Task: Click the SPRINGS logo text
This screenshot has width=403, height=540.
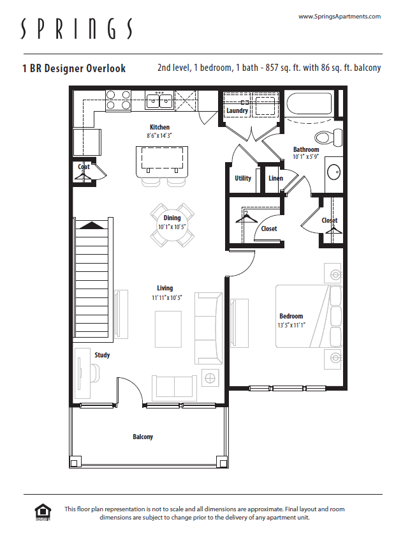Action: tap(77, 29)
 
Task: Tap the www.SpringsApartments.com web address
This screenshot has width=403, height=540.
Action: tap(339, 17)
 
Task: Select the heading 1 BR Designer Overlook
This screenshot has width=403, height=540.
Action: tap(73, 68)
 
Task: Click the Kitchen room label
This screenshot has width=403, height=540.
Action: tap(159, 127)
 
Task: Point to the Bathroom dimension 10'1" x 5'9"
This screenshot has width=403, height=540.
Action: tap(306, 156)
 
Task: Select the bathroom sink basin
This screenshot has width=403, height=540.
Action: tap(333, 172)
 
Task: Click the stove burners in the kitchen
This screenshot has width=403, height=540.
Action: tap(117, 101)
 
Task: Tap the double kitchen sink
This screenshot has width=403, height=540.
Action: tap(159, 100)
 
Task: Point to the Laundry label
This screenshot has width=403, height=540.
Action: tap(237, 111)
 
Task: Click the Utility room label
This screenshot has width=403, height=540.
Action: tap(242, 178)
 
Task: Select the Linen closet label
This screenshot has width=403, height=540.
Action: tap(275, 178)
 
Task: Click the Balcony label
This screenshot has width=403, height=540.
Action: tap(143, 437)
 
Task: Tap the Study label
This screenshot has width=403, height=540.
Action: tap(102, 355)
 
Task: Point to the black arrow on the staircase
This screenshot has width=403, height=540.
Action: tap(91, 225)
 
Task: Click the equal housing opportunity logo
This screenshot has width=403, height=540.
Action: tap(43, 511)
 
